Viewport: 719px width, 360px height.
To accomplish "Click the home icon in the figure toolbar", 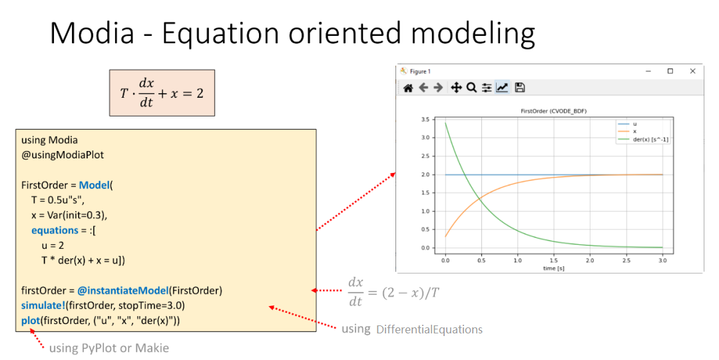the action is pos(408,88).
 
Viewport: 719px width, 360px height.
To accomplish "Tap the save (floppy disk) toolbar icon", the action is pos(519,87).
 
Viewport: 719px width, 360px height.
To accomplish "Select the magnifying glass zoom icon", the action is pos(471,87).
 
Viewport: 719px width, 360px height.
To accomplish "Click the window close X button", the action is pos(692,71).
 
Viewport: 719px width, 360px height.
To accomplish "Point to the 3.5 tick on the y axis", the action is pos(425,119).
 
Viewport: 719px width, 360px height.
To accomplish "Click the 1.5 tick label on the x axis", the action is pos(554,260).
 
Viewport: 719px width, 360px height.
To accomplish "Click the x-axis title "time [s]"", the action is pos(553,268).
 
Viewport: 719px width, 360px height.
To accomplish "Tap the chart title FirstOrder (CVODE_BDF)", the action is pos(553,111).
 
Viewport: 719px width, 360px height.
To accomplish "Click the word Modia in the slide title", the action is pos(92,33).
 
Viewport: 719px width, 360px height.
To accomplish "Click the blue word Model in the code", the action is pos(95,185).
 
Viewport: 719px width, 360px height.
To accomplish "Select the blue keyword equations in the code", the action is pos(55,230).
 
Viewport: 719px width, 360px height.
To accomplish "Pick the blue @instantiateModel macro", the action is pos(123,291).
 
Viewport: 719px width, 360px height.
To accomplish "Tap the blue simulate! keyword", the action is pos(43,305).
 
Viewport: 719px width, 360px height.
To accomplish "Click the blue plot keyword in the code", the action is pos(31,321).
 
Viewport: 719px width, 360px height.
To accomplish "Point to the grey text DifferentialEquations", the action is pos(429,330).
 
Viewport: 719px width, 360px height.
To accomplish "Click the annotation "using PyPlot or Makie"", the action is pos(109,348).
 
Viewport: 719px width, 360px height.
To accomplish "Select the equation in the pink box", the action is pos(162,93).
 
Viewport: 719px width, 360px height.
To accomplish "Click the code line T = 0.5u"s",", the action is pos(58,200).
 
